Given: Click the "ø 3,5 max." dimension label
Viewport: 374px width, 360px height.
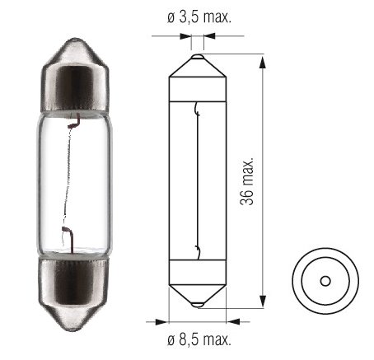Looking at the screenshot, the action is (x=199, y=18).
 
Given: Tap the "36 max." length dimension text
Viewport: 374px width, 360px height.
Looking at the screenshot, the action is (x=246, y=181).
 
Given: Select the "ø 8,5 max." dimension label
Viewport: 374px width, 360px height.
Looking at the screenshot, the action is (x=199, y=340).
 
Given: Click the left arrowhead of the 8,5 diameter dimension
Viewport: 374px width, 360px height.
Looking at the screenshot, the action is (x=161, y=322).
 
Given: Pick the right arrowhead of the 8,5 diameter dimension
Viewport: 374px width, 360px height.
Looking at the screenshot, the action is (x=233, y=322).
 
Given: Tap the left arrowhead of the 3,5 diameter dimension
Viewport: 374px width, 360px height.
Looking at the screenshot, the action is (x=185, y=36).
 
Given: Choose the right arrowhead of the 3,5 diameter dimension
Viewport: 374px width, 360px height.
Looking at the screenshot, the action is (x=209, y=36).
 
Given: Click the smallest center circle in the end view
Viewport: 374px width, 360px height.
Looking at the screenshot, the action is (x=325, y=281).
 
